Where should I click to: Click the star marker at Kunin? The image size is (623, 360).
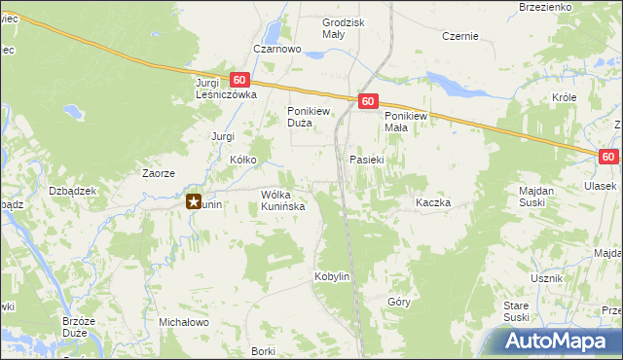(x=194, y=202)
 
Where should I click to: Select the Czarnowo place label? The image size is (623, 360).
(x=273, y=50)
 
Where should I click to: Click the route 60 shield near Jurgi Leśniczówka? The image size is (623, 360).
(x=240, y=80)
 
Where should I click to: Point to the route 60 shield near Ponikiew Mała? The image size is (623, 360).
(x=367, y=100)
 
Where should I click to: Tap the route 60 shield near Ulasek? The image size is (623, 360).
(x=608, y=157)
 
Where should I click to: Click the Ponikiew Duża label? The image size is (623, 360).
(x=311, y=117)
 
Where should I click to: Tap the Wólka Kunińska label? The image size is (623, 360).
(x=283, y=200)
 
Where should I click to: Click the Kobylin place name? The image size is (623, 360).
(x=331, y=277)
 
